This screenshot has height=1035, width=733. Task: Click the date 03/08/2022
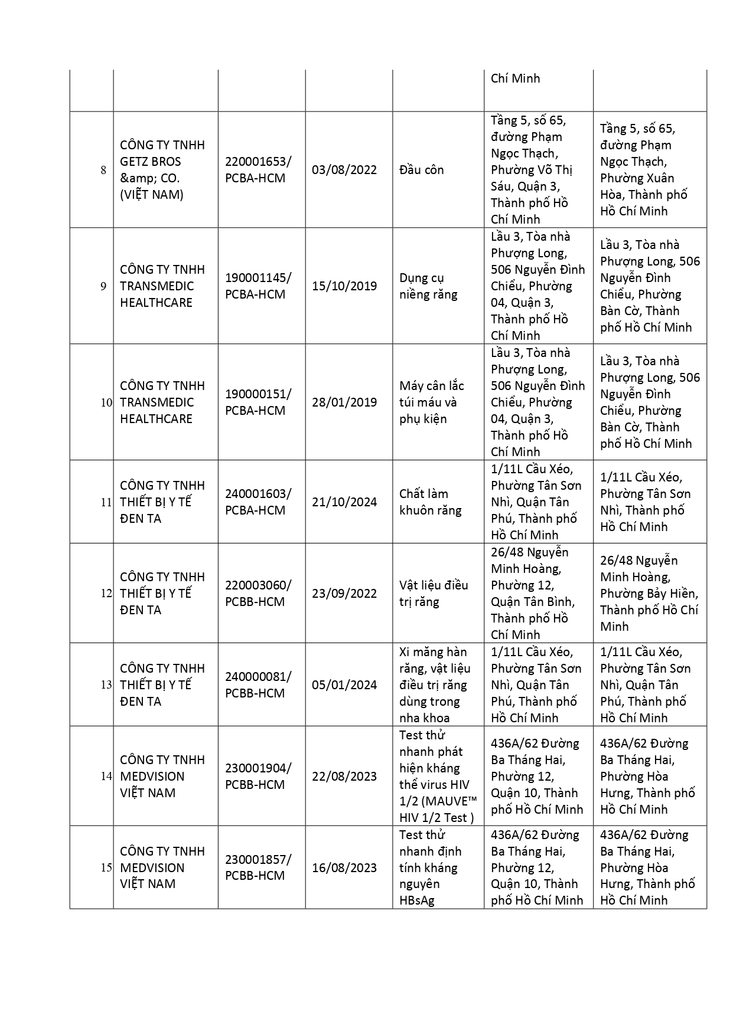point(344,170)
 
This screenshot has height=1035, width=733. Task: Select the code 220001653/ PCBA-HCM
point(258,170)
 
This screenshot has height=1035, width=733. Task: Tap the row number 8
point(103,170)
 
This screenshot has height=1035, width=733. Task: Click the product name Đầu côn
point(421,170)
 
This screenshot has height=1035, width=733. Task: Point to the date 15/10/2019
point(344,286)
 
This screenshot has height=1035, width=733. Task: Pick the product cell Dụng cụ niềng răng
point(428,286)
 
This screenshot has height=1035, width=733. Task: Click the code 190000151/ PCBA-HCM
point(258,402)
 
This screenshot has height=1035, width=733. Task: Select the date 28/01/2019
point(344,402)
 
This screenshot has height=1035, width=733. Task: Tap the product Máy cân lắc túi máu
point(431,402)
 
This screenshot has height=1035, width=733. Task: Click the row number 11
point(106,502)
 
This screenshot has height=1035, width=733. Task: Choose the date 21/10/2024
point(344,502)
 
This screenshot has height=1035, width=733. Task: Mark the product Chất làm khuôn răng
point(430,502)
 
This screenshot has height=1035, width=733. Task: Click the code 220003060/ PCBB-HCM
point(258,594)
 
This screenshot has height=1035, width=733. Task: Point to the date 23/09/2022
point(344,594)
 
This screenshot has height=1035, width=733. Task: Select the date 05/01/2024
point(344,685)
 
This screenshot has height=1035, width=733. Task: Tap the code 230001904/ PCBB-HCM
point(258,777)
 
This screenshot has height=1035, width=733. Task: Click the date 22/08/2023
point(344,777)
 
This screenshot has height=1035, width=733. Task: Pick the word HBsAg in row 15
point(416,901)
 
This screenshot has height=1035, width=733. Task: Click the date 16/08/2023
point(344,868)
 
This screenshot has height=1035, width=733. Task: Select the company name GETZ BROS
point(151,162)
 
